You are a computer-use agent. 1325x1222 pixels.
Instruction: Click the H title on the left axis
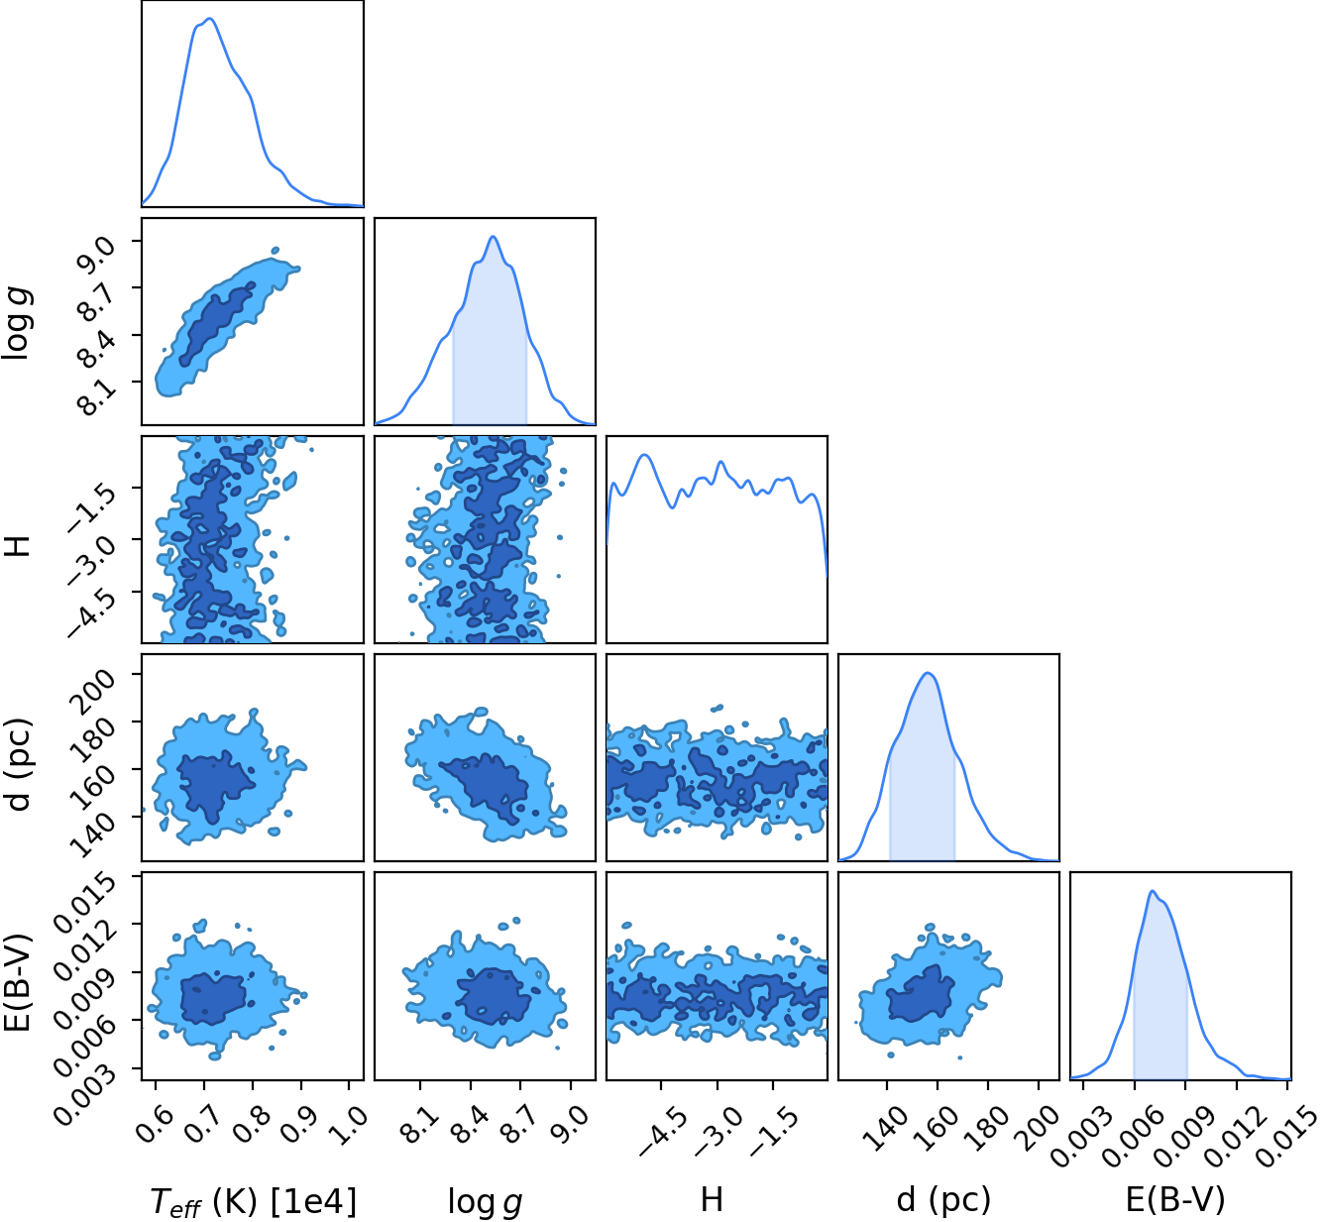click(18, 539)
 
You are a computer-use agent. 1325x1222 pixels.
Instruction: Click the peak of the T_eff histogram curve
click(210, 18)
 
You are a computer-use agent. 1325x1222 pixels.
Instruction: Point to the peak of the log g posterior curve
click(493, 236)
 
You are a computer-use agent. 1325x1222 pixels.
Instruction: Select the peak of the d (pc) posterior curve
click(929, 673)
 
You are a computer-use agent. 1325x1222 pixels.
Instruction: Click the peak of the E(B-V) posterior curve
click(1152, 890)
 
